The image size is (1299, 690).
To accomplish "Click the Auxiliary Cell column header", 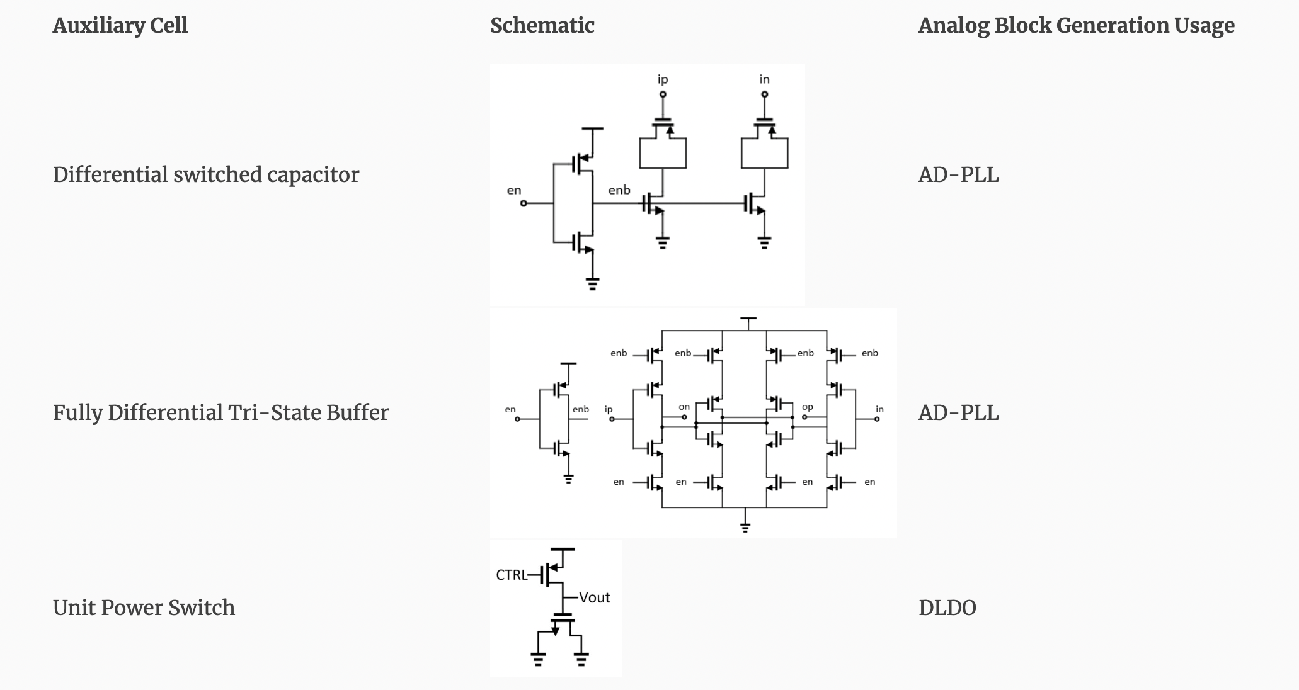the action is [120, 25].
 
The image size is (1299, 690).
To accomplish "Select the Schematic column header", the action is [542, 25].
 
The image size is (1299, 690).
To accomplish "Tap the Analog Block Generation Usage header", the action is [1076, 25].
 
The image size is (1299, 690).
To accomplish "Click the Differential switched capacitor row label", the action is [206, 174].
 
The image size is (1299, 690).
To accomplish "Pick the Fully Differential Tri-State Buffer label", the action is [220, 412].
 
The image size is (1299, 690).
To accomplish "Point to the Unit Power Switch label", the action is [144, 608].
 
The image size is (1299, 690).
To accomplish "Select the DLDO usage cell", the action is [947, 608].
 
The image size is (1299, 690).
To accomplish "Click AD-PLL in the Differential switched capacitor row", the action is [959, 174].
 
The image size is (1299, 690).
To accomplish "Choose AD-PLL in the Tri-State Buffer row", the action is [959, 412].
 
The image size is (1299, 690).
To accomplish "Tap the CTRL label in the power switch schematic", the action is [511, 575].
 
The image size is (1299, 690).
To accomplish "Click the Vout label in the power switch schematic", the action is [595, 597].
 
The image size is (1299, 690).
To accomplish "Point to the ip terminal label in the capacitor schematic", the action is [663, 79].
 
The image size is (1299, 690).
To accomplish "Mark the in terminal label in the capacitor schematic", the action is [764, 79].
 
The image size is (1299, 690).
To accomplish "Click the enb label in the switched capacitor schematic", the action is [619, 189].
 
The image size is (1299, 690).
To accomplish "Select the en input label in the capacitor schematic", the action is [514, 190].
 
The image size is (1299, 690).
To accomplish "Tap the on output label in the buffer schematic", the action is [684, 407].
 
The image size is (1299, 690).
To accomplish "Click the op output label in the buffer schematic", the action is [808, 407].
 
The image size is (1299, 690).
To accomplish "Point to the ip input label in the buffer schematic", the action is [609, 409].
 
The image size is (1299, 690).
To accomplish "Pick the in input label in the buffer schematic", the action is [879, 409].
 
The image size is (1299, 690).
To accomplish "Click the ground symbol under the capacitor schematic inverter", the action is [592, 283].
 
